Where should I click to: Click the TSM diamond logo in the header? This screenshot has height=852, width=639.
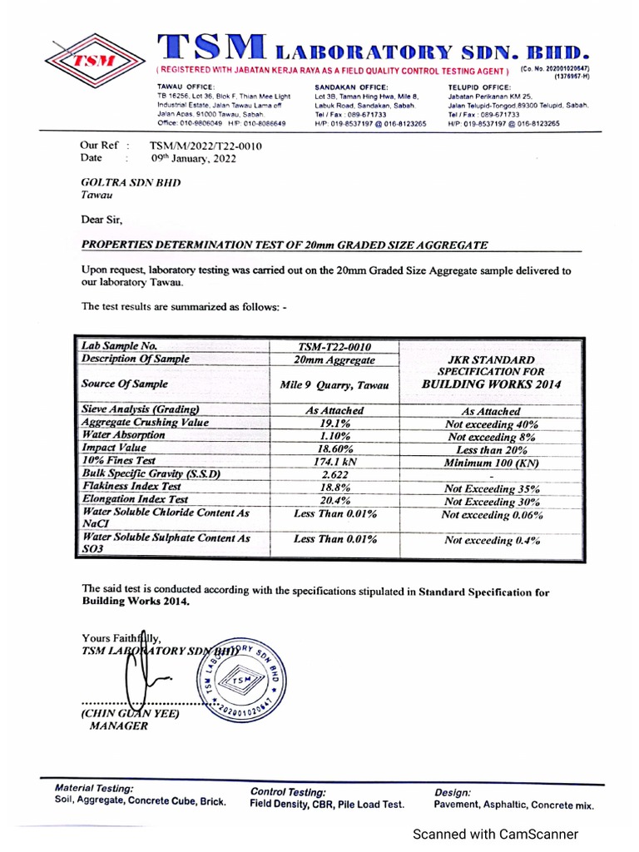[94, 60]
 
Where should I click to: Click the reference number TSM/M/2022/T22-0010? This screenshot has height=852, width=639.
[205, 146]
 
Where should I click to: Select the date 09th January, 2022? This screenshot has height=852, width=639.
[193, 158]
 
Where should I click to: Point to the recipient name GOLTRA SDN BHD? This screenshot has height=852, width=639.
[131, 183]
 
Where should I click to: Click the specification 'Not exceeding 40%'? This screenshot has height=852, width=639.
[492, 424]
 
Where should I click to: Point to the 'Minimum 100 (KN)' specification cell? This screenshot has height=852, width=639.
[492, 463]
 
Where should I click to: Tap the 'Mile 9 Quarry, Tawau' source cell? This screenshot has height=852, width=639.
[335, 384]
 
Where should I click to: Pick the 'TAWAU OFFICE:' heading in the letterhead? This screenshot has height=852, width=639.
[186, 87]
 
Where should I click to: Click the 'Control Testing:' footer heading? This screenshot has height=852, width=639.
[288, 792]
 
